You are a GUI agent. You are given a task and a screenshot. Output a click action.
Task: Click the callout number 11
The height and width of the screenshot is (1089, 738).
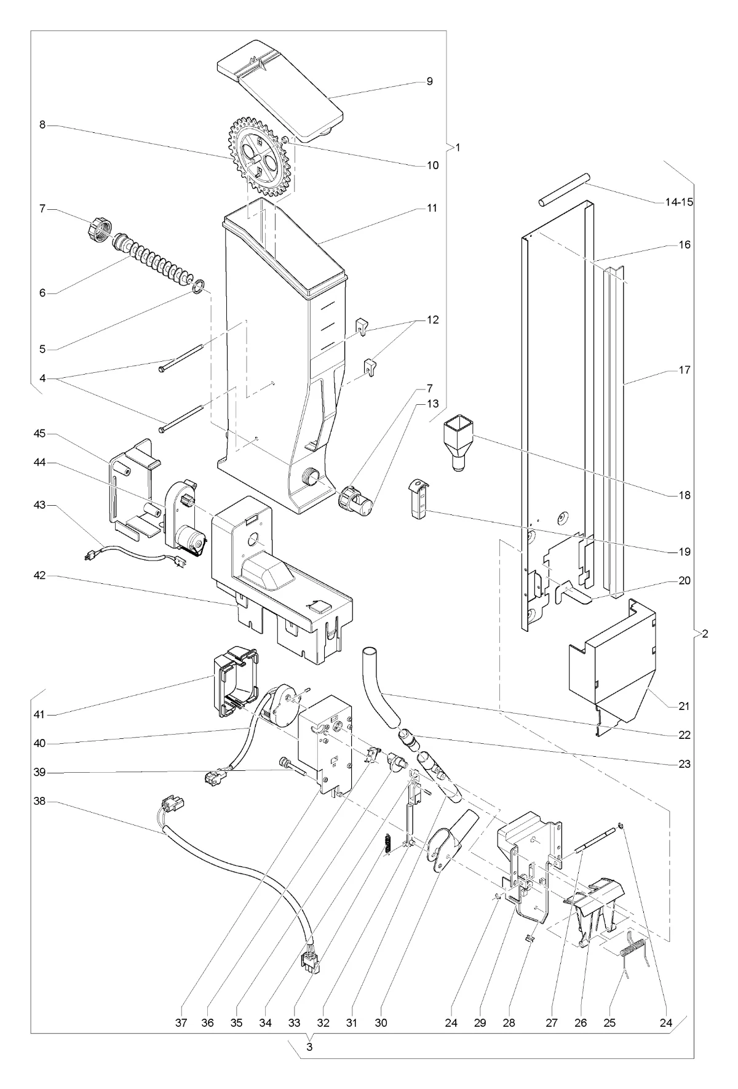(x=432, y=208)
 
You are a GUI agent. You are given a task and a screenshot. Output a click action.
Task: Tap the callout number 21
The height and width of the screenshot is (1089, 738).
(x=684, y=706)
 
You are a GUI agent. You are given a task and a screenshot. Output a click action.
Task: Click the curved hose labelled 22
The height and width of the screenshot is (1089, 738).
(x=382, y=685)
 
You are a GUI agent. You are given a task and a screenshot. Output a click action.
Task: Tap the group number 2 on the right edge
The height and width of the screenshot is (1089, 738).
(x=705, y=634)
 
